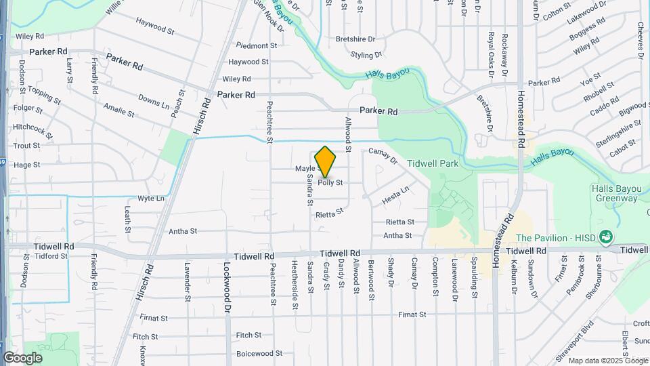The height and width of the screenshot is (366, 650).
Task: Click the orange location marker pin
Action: pyautogui.click(x=325, y=162)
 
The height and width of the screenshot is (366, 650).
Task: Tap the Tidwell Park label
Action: pyautogui.click(x=433, y=163)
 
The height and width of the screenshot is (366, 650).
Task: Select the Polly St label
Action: pyautogui.click(x=330, y=182)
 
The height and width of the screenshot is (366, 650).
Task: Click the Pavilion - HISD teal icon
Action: pyautogui.click(x=607, y=237)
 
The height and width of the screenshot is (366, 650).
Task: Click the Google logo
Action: pyautogui.click(x=22, y=357)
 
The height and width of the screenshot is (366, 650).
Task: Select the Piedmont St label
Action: pyautogui.click(x=257, y=45)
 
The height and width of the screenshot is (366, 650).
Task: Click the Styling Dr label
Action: pyautogui.click(x=366, y=54)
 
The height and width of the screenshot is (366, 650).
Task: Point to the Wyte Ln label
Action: pyautogui.click(x=151, y=199)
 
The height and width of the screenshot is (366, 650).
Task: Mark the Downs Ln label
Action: pyautogui.click(x=154, y=101)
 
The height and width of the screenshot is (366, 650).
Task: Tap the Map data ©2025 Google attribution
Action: pyautogui.click(x=607, y=361)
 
